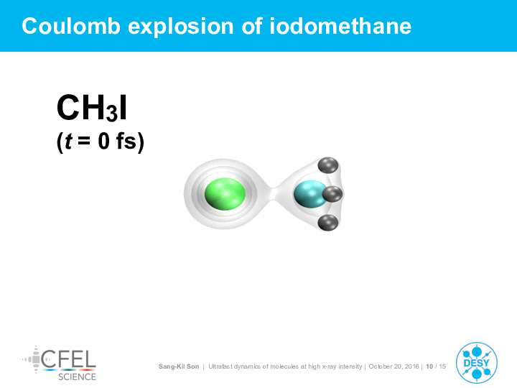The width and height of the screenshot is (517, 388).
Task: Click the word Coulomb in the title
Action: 71,26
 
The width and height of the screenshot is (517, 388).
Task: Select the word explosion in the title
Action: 181,27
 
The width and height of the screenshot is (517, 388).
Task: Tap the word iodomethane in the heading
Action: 340,26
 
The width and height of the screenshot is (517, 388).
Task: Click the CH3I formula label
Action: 92,108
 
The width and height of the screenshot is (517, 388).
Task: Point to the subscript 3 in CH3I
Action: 112,114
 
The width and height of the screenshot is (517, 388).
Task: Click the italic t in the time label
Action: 69,142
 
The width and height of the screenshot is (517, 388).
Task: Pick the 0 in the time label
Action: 103,142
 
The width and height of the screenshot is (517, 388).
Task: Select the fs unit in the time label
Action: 126,142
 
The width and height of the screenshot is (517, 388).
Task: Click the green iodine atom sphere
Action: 225,194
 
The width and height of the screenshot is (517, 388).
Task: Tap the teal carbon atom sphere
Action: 310,194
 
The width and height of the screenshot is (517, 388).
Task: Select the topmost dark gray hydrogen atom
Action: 328,166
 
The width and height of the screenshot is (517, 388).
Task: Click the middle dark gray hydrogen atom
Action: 332,194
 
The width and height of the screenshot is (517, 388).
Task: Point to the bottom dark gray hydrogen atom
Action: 328,222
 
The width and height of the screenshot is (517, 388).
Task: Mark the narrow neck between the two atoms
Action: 274,194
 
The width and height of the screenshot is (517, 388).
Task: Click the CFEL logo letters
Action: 69,359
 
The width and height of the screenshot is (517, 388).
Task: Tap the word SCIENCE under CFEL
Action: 77,377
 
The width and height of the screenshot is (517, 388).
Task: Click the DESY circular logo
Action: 477,363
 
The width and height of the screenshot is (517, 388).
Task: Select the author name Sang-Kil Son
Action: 179,366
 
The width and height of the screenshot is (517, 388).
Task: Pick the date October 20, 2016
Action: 393,366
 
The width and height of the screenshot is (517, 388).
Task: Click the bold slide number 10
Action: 429,366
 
